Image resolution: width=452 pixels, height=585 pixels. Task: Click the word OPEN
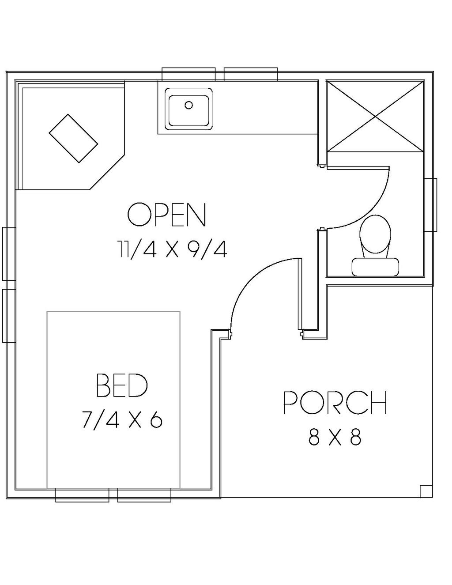pos(167,215)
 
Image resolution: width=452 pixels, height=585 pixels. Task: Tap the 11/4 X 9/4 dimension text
pos(172,249)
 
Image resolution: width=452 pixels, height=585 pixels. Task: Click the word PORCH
pos(335,403)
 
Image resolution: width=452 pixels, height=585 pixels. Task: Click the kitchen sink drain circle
pos(189,105)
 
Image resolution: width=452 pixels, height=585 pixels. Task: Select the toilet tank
pos(375,267)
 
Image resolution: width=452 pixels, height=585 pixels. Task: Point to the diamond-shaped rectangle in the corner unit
pos(73,138)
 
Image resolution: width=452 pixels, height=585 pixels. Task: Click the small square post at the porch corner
pos(426,491)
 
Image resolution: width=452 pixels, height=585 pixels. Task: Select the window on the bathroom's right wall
pos(430,205)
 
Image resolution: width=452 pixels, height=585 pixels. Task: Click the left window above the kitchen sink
pos(188,74)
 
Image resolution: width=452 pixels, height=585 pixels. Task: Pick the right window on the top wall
pos(251,74)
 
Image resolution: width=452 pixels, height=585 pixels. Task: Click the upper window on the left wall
pos(9,253)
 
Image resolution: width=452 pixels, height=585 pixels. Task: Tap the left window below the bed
pos(82,495)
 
